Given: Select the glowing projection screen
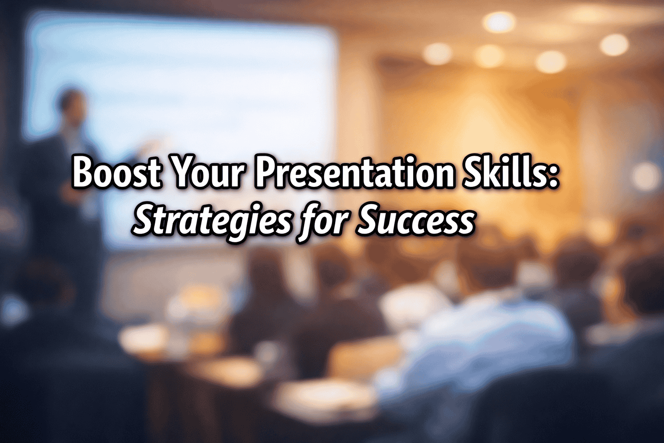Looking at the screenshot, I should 182,95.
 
